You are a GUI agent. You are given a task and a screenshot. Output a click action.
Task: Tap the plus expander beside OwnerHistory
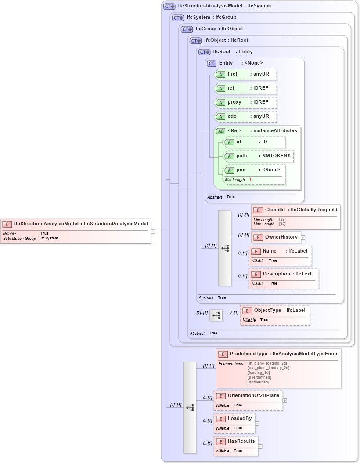click(x=303, y=238)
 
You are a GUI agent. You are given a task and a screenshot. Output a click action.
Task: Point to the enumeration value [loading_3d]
click(x=259, y=373)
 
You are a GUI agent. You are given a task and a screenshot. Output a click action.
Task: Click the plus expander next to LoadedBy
click(x=257, y=423)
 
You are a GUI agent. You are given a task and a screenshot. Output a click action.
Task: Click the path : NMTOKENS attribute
click(x=258, y=156)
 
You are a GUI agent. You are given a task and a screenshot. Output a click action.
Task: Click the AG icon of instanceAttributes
click(x=221, y=131)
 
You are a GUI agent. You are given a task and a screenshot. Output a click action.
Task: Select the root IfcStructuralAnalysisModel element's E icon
click(x=7, y=224)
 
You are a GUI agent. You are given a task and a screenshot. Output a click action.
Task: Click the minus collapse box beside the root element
click(x=153, y=231)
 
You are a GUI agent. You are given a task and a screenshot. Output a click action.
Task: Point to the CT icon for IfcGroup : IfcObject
click(x=187, y=29)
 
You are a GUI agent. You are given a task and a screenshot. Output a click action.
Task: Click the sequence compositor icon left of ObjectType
click(x=216, y=315)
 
